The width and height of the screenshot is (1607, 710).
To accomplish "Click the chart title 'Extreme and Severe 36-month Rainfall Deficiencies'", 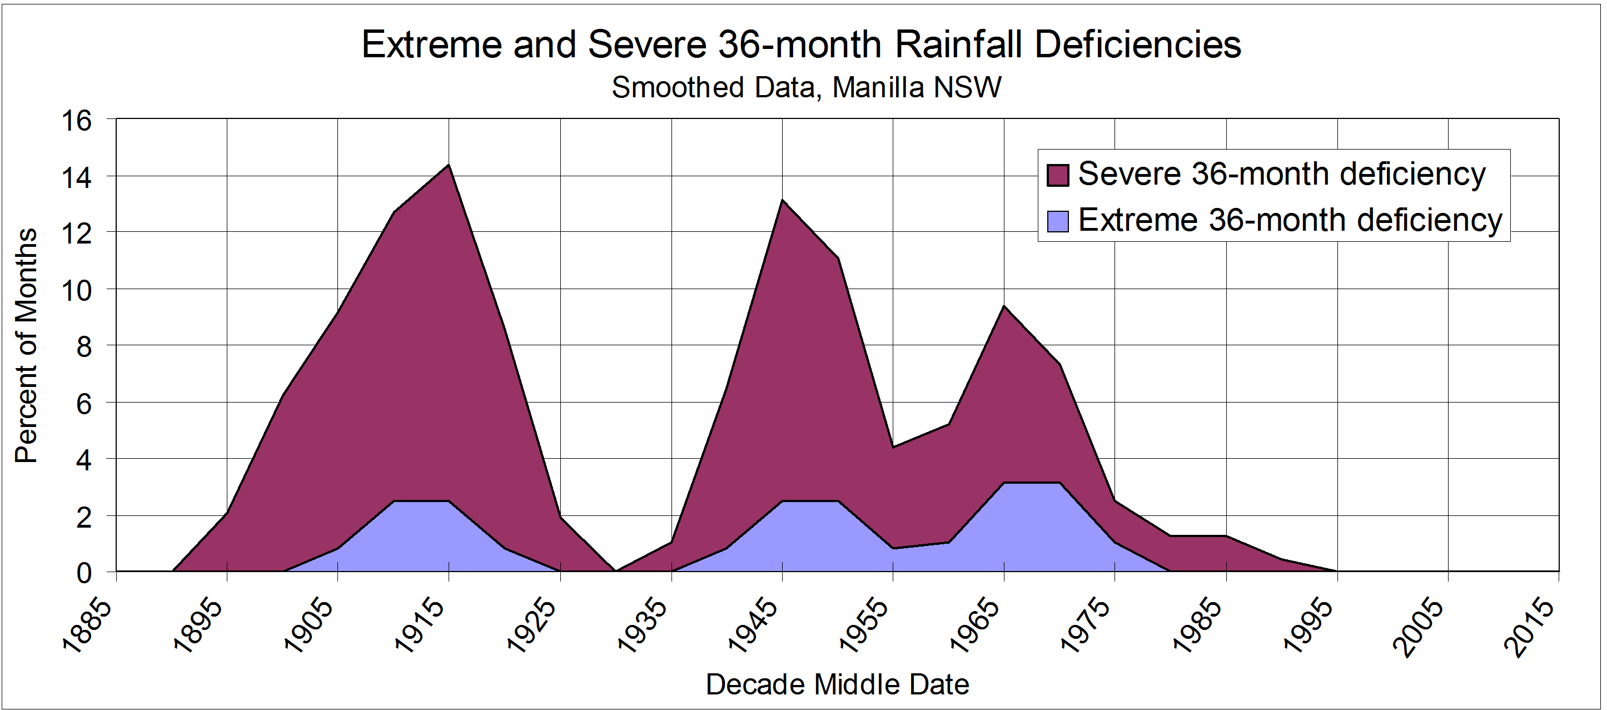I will click(x=801, y=45).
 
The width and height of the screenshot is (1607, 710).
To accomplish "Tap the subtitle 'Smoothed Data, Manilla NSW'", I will click(x=806, y=87).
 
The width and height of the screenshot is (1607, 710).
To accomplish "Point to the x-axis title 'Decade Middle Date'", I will click(x=837, y=684).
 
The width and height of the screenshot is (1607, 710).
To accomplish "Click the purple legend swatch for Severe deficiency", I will click(x=1058, y=175).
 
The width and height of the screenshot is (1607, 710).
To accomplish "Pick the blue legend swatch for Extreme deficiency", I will click(x=1058, y=221).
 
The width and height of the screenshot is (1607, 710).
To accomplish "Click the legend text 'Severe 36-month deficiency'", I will click(x=1281, y=173).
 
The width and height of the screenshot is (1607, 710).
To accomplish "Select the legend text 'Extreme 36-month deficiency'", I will click(x=1290, y=220).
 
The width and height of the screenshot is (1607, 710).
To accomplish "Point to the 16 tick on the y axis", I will click(x=76, y=121).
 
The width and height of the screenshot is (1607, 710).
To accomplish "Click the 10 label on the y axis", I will click(x=76, y=290).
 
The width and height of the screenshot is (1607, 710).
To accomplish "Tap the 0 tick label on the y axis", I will click(x=83, y=573).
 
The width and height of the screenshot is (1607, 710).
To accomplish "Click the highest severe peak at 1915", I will click(x=449, y=165).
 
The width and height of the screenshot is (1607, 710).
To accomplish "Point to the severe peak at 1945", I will click(x=782, y=200).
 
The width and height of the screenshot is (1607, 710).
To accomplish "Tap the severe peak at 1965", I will click(x=1004, y=306).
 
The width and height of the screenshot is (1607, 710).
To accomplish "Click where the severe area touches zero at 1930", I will click(x=616, y=571).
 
